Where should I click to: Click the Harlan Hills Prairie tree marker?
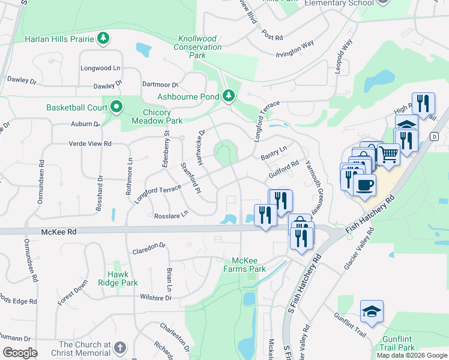104,39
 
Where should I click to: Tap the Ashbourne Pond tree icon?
228,95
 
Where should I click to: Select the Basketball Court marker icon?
116,108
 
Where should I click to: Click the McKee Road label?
59,231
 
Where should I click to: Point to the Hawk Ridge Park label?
119,278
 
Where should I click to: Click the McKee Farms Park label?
249,265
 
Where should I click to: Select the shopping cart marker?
388,154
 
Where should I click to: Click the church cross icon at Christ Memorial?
120,347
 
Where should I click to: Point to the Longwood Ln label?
100,68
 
